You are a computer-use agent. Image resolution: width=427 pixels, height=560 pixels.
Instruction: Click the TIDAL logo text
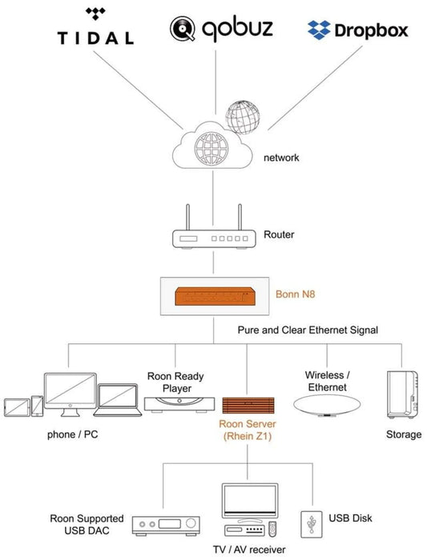pyautogui.click(x=95, y=38)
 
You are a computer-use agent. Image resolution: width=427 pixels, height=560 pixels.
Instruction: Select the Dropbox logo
pyautogui.click(x=357, y=30)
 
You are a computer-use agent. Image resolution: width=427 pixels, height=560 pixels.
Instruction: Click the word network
pyautogui.click(x=281, y=158)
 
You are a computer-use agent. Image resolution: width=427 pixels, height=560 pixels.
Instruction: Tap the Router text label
pyautogui.click(x=279, y=235)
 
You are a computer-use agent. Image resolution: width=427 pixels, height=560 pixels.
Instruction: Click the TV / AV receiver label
pyautogui.click(x=249, y=550)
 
